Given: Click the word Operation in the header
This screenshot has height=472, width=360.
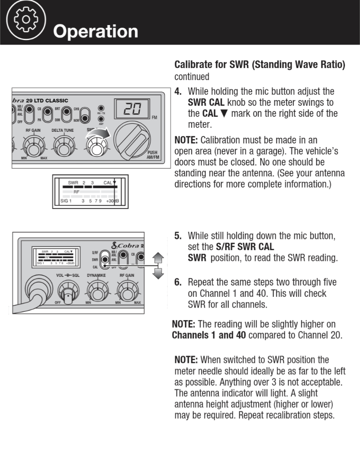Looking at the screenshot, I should point(95,31).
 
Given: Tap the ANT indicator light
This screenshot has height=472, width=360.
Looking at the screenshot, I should point(101,119).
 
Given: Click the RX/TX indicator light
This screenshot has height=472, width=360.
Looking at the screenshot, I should point(101,108).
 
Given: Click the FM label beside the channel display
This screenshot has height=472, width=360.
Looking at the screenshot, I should point(154,118).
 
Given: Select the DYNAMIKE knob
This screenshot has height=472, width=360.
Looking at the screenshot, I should point(97,291).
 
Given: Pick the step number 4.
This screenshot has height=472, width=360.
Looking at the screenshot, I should point(178,91).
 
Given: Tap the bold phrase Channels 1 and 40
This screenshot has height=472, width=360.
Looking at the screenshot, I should point(209,335).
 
